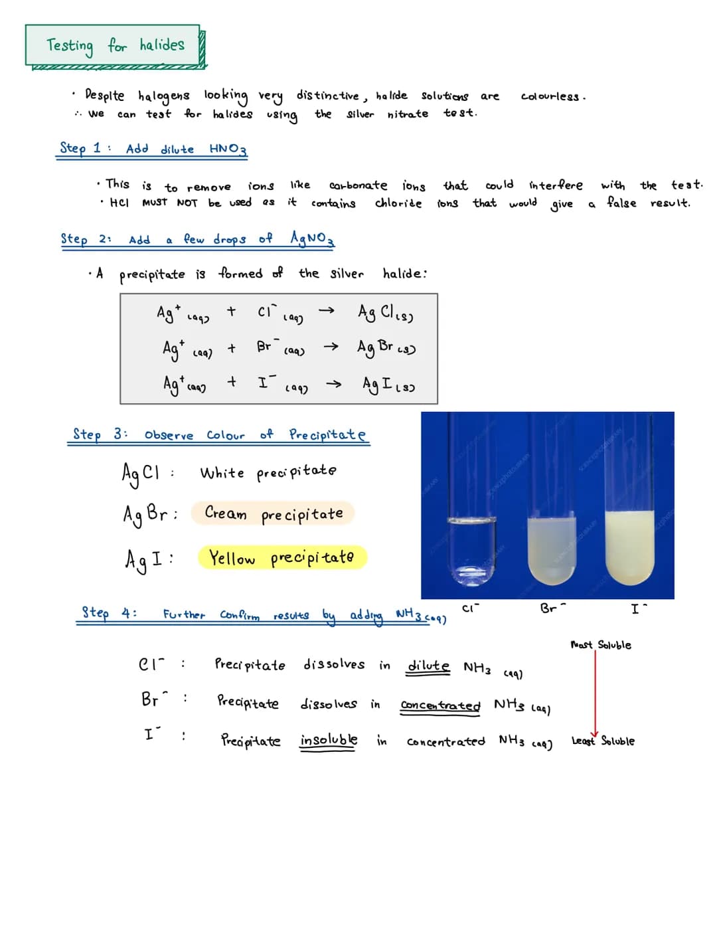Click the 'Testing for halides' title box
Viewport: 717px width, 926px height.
pos(114,45)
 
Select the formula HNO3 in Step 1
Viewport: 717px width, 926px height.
pos(228,149)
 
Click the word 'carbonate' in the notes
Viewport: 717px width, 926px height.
pos(358,185)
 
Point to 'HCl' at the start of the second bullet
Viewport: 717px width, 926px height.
pos(119,203)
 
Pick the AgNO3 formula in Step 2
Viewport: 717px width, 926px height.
pos(312,238)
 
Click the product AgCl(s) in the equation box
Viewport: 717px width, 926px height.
pos(385,312)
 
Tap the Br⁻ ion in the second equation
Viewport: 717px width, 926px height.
pos(265,346)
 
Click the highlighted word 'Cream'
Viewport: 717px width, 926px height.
pos(226,513)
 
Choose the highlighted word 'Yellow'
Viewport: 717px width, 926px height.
pos(232,558)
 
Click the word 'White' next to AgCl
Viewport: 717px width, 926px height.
pos(222,473)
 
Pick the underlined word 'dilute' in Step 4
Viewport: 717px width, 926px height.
pos(428,666)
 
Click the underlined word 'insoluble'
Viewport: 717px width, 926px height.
pos(329,740)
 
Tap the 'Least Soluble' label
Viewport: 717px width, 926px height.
pos(603,741)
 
